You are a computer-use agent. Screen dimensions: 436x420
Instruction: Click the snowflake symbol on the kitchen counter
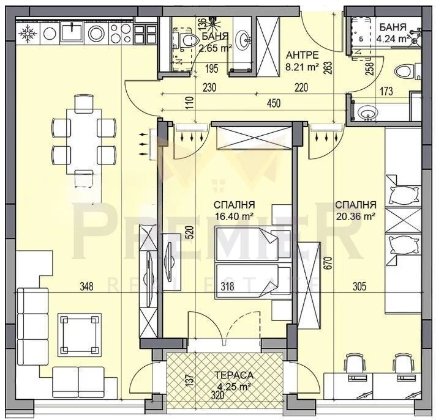point(28,34)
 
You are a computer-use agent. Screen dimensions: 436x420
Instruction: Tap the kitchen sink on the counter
point(72,32)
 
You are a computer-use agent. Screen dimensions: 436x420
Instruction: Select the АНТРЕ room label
point(303,55)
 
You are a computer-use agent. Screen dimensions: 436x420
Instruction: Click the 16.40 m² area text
point(234,216)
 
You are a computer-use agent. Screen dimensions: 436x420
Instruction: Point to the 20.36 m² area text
point(356,216)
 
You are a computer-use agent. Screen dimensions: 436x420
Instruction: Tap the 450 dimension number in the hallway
point(274,103)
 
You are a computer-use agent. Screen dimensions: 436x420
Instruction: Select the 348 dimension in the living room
point(86,286)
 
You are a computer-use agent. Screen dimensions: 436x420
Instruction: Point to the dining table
point(84,141)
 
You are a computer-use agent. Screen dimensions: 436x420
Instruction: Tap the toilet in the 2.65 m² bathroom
point(185,40)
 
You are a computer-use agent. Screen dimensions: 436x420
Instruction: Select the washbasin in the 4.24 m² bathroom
point(367,112)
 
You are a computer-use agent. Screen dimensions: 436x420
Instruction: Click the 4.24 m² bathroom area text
point(393,39)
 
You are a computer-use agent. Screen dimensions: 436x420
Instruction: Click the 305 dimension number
point(359,286)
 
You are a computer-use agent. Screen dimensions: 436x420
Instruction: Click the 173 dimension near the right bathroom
point(386,91)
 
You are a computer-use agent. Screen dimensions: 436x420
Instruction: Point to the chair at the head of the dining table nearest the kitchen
point(84,104)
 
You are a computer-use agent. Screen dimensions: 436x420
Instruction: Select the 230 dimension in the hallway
point(209,87)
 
